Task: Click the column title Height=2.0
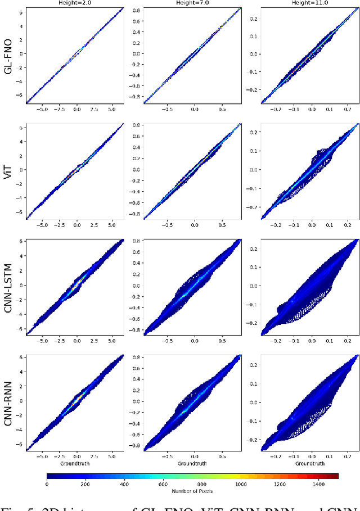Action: click(75, 3)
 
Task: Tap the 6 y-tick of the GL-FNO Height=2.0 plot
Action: click(21, 11)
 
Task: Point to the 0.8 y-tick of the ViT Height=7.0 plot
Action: click(136, 125)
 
